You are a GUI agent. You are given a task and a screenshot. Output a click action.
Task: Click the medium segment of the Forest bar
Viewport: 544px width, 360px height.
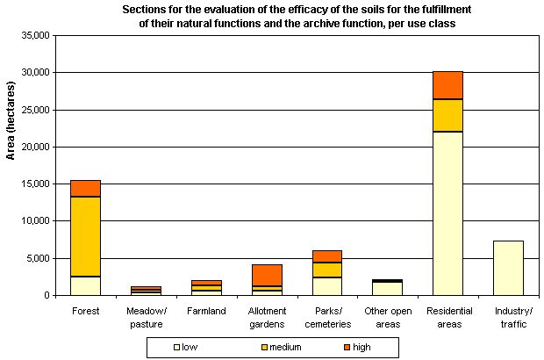pos(85,236)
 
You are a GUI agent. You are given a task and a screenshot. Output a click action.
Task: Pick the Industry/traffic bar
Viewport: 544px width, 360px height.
pos(508,268)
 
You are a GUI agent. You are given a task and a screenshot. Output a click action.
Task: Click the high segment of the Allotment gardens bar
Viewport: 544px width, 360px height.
pos(267,275)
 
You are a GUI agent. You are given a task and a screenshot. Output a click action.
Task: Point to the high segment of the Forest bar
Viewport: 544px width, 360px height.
pos(85,188)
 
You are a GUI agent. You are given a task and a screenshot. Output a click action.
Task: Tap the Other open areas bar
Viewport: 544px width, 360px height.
pos(387,288)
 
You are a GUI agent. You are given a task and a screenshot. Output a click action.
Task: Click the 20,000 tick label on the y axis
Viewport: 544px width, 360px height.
pos(32,147)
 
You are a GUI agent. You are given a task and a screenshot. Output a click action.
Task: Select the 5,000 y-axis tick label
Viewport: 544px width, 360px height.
pos(36,258)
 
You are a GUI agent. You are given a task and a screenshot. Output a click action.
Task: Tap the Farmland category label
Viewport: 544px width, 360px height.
pos(206,310)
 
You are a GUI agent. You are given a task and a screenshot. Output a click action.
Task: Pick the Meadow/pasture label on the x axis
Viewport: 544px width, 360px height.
pos(146,316)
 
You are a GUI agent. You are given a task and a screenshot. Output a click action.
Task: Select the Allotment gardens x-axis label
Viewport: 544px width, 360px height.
pos(267,316)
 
